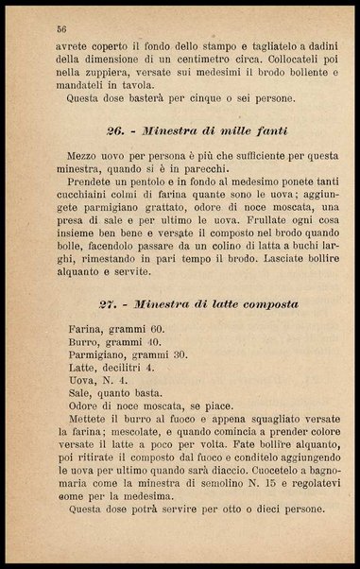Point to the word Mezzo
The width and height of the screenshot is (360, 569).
84,153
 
